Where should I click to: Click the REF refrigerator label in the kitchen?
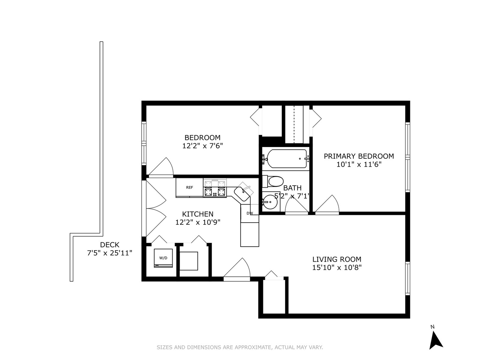pos(189,187)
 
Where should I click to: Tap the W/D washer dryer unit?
pos(163,258)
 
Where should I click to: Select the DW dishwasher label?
pos(249,213)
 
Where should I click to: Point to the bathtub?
pos(287,159)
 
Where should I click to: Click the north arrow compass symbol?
pos(435,339)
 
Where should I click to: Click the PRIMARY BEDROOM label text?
pos(359,156)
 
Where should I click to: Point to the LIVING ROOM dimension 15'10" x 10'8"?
pos(337,267)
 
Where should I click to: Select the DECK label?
pos(110,245)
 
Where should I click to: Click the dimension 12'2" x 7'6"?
pos(202,146)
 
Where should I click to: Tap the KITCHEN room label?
pos(198,214)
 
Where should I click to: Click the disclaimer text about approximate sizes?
pos(240,347)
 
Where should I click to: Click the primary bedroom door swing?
pos(328,204)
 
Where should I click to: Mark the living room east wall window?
pos(407,278)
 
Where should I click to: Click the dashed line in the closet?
pos(294,124)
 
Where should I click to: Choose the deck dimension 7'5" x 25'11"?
pos(110,253)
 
